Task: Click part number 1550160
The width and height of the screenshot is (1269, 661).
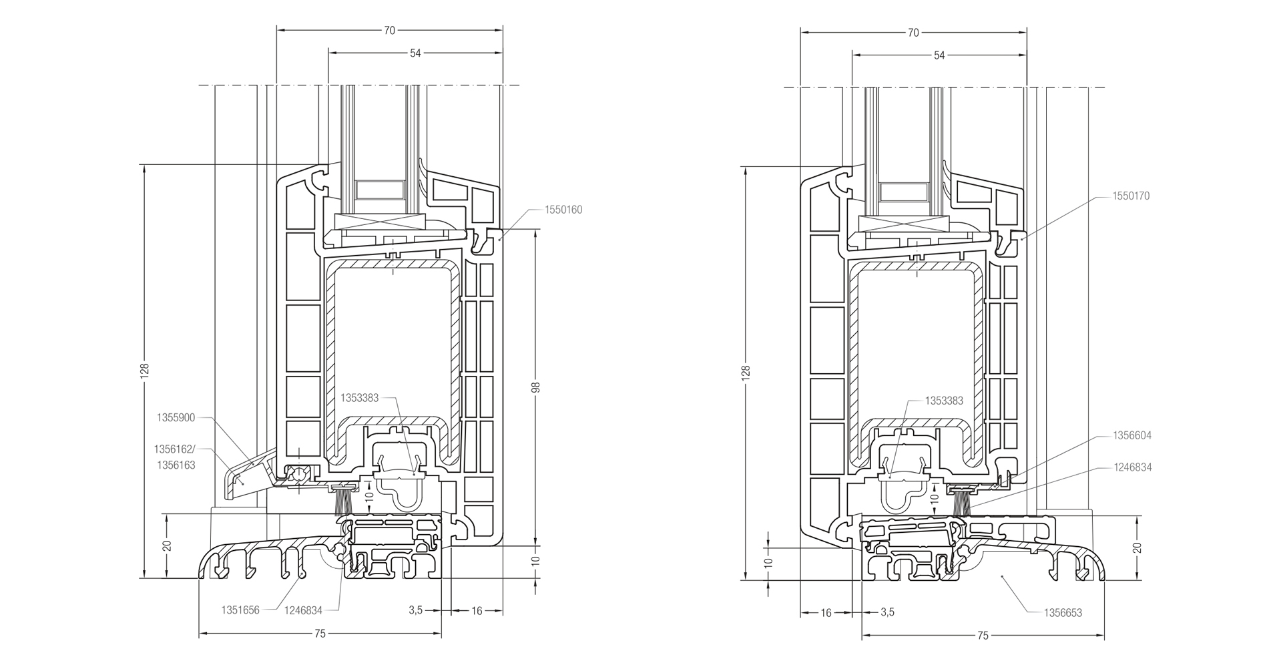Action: click(x=563, y=210)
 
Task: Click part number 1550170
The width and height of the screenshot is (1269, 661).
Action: click(x=1131, y=196)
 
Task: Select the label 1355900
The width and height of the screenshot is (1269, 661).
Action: click(x=176, y=418)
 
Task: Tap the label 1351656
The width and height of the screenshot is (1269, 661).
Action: click(x=240, y=610)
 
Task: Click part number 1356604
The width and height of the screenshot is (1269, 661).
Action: click(x=1131, y=435)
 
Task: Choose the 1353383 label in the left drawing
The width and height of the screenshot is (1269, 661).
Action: click(x=359, y=398)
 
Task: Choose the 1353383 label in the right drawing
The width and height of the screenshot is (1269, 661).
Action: click(x=943, y=401)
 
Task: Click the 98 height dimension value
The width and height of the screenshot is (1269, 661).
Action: click(x=535, y=387)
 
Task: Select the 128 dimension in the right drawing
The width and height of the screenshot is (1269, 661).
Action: click(x=746, y=372)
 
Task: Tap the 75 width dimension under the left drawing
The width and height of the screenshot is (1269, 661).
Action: click(x=320, y=634)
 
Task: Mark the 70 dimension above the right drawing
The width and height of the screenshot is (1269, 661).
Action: click(x=913, y=32)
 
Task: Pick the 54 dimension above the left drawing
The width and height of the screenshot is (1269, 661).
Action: click(x=415, y=53)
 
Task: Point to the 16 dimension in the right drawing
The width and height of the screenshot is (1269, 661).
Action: click(x=826, y=612)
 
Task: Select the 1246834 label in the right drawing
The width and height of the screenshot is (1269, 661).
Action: click(x=1131, y=467)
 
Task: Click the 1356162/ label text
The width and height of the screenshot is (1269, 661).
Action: click(x=175, y=449)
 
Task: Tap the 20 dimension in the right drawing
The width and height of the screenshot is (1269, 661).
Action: click(x=1137, y=547)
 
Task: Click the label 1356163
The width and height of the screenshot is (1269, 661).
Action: click(x=175, y=465)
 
